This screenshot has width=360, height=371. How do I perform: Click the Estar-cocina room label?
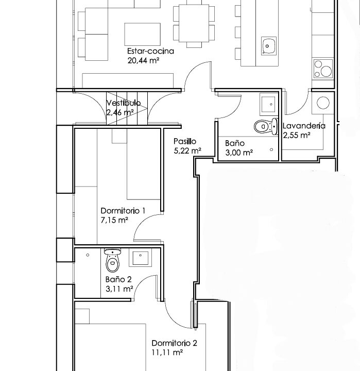coord(150,51)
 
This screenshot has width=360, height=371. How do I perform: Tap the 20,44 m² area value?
coord(143,61)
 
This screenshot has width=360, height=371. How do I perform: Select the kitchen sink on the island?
coord(269,46)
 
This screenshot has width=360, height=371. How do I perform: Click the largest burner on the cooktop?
coord(326,71)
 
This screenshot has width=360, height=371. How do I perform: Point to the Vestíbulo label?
coord(124,103)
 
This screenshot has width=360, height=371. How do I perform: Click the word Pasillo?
coord(185,141)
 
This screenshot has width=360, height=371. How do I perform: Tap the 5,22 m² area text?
coord(187,150)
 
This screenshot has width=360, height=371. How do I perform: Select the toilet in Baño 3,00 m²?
coord(266,127)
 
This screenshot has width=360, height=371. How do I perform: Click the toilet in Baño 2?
coord(113,260)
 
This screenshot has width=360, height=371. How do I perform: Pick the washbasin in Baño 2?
coord(140,258)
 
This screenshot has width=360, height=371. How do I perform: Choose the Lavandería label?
coord(304,126)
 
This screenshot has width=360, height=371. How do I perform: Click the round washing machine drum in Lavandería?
coord(323,103)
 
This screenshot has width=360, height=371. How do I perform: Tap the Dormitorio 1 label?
coord(123,211)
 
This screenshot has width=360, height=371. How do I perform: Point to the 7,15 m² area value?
coord(114,221)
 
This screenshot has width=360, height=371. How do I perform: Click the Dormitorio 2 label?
coord(174,343)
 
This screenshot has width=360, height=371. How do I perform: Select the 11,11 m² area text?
coord(167,353)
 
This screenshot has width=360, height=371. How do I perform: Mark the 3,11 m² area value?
coord(119,289)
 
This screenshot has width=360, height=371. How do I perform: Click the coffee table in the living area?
coord(142,34)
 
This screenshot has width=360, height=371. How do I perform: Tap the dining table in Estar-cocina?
coord(194,23)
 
